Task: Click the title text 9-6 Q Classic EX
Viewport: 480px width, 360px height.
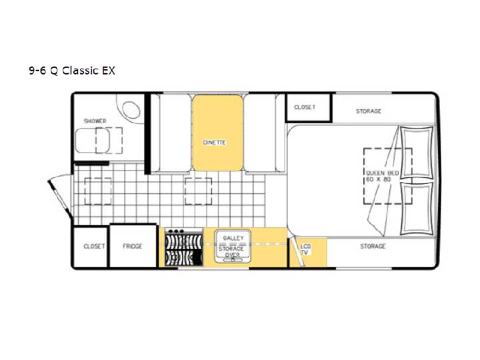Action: [72, 71]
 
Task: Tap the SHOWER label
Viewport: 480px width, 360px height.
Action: [95, 121]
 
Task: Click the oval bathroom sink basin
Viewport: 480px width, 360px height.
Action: [131, 109]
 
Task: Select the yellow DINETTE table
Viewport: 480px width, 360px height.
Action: [217, 133]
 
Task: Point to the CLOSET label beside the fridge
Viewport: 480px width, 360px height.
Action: [94, 247]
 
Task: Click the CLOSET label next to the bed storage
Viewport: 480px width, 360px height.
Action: [305, 107]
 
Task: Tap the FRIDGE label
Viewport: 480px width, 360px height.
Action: [132, 246]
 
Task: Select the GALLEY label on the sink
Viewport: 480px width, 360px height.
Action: [233, 238]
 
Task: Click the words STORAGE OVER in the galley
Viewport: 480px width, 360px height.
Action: [232, 251]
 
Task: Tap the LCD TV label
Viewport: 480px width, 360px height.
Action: [305, 249]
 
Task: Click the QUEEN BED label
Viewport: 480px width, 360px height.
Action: [383, 173]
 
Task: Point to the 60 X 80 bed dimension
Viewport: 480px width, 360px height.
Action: [379, 179]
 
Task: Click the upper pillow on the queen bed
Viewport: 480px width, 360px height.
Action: [417, 152]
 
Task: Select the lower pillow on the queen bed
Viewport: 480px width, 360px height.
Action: [417, 209]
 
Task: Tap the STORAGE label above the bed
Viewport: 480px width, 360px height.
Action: [369, 111]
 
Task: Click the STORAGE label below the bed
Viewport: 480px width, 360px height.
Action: [373, 246]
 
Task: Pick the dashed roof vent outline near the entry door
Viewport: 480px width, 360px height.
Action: [98, 191]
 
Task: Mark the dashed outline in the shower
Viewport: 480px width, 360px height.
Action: [109, 141]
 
